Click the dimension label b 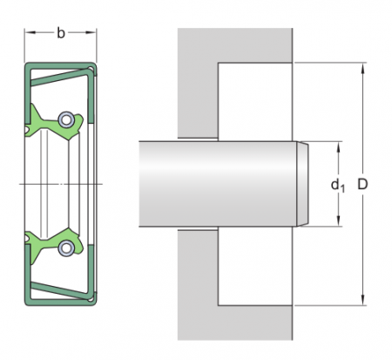pos(60,33)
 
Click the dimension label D pos(362,184)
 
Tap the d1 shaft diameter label pos(338,185)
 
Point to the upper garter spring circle pos(66,119)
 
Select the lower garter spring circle pos(66,248)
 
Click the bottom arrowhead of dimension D pos(362,299)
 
